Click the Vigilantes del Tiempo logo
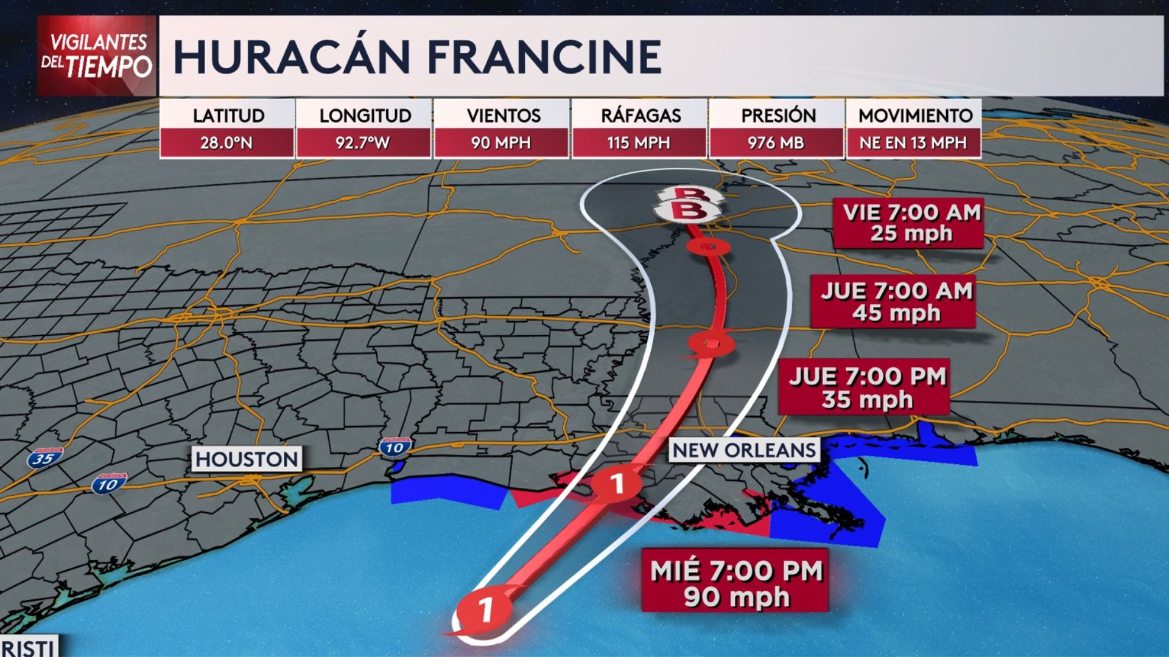point(96,56)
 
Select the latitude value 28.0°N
point(226,143)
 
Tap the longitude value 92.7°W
point(363,143)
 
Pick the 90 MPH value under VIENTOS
point(501,143)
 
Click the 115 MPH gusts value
point(639,143)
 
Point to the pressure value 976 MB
point(776,143)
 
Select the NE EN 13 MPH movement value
point(913,143)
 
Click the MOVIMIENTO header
point(915,115)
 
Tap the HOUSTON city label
point(247,459)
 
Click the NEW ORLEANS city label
point(744,450)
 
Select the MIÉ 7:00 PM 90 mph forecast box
point(735,583)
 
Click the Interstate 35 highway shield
point(44,458)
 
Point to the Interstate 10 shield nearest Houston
point(109,484)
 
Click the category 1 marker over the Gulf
point(485,609)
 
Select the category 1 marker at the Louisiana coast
point(617,484)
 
